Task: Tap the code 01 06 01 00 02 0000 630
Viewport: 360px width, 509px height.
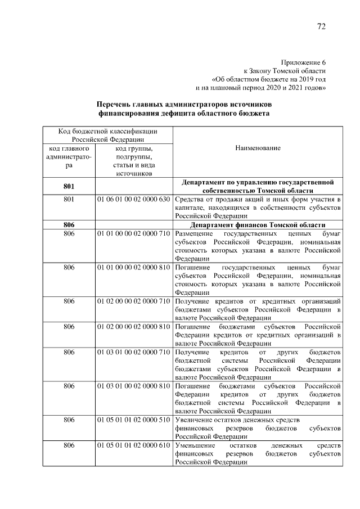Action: coord(133,200)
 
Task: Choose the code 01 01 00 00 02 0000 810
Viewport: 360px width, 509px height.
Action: coord(133,267)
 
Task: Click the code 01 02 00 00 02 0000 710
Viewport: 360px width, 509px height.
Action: coord(133,301)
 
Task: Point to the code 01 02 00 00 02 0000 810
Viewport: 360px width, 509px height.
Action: coord(133,327)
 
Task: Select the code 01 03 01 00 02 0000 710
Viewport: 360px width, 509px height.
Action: coord(133,352)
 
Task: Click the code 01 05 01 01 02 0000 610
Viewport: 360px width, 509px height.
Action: coord(133,445)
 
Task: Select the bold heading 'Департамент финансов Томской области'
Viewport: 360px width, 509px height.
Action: coord(259,225)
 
